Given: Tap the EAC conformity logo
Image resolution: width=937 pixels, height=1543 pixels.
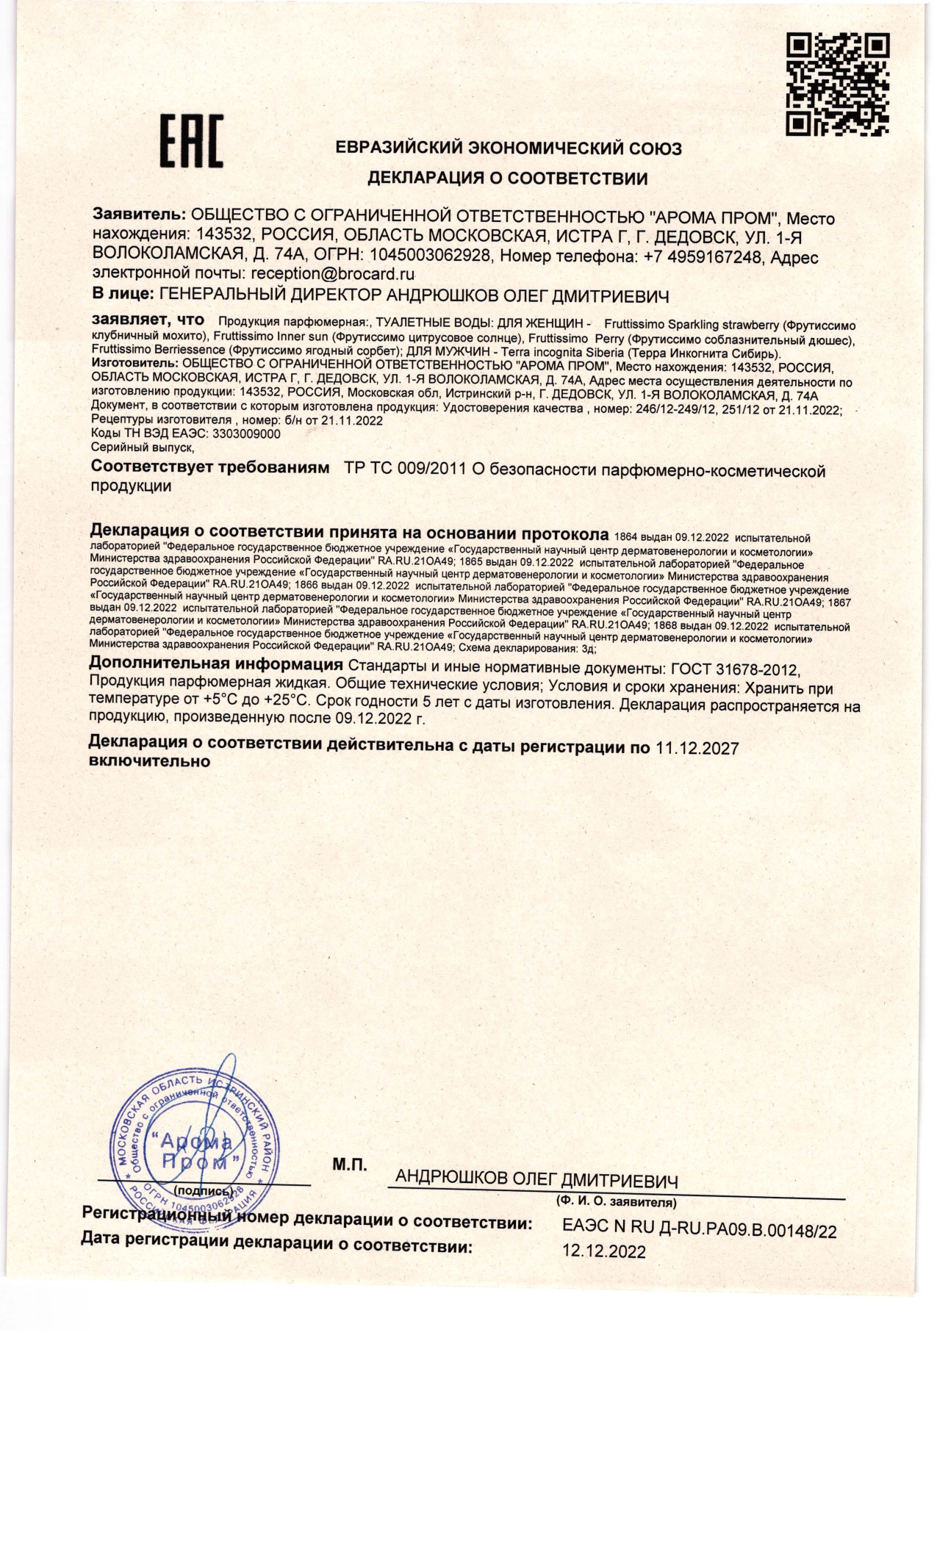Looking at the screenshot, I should click(x=193, y=142).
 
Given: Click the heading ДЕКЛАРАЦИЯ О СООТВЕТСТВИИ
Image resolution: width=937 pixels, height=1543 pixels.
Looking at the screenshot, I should click(x=507, y=178).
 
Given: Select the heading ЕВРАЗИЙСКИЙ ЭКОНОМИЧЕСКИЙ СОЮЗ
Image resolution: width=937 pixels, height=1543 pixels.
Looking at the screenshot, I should click(x=509, y=148).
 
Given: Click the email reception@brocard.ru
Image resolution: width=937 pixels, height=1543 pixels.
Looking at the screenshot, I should click(x=333, y=274).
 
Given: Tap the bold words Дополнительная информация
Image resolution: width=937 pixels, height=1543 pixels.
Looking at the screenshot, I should click(x=215, y=666).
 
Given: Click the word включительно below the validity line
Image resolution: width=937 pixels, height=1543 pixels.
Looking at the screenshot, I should click(x=149, y=762).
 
